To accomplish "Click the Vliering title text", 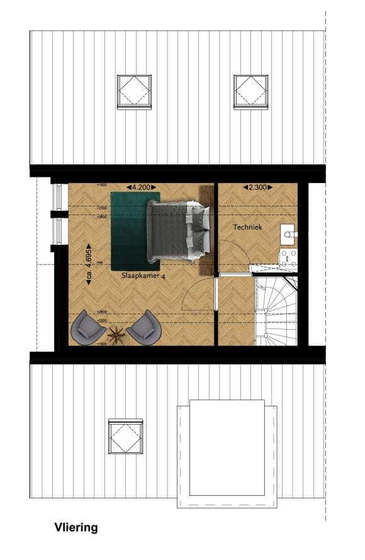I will [76, 528].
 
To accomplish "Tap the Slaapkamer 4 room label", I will [143, 276].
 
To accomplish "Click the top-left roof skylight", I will [134, 92].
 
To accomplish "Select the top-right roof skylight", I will [251, 92].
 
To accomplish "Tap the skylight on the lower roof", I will [125, 436].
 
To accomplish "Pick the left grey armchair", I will [87, 327].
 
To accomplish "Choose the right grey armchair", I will [145, 326].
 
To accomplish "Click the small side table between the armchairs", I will [116, 335].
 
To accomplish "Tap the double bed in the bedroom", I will [177, 231].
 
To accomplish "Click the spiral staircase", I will [275, 311].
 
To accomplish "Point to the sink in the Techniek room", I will [289, 233].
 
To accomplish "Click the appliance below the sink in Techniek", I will [289, 257].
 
